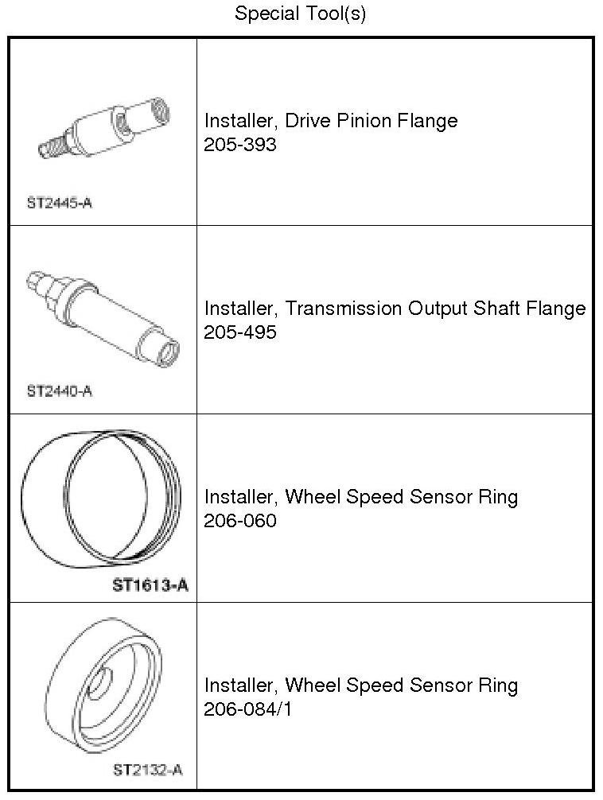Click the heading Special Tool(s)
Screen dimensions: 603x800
[300, 14]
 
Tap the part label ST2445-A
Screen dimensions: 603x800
[60, 203]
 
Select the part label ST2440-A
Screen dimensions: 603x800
[60, 391]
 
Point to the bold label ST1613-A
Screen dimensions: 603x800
[150, 587]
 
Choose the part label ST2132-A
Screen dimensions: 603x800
[148, 770]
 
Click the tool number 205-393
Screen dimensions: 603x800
[240, 145]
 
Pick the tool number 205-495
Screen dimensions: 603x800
[240, 332]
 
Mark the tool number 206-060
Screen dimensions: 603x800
[240, 521]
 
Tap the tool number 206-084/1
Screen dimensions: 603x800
[248, 709]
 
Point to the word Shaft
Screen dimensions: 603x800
[499, 309]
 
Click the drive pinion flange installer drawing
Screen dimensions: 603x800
[103, 127]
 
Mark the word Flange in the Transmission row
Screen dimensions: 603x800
[558, 309]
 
